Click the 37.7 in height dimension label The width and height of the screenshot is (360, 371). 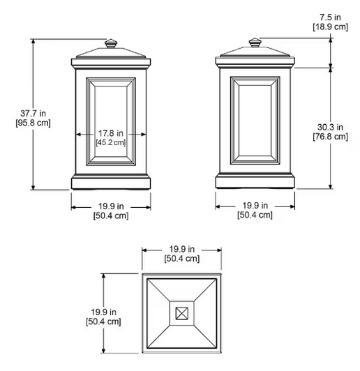pyautogui.click(x=33, y=114)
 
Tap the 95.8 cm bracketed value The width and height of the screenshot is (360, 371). pyautogui.click(x=33, y=123)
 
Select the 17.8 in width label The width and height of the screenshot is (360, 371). pyautogui.click(x=111, y=133)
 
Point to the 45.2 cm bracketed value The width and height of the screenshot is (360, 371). pyautogui.click(x=111, y=142)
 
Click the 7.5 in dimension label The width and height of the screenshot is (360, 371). pyautogui.click(x=331, y=17)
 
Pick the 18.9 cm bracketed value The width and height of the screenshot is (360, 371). pyautogui.click(x=331, y=26)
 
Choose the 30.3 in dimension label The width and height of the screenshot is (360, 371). pyautogui.click(x=331, y=127)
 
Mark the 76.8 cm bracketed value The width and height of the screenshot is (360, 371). pyautogui.click(x=331, y=137)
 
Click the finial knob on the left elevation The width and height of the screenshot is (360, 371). pyautogui.click(x=111, y=44)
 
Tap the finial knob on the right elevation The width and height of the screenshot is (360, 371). pyautogui.click(x=255, y=43)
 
